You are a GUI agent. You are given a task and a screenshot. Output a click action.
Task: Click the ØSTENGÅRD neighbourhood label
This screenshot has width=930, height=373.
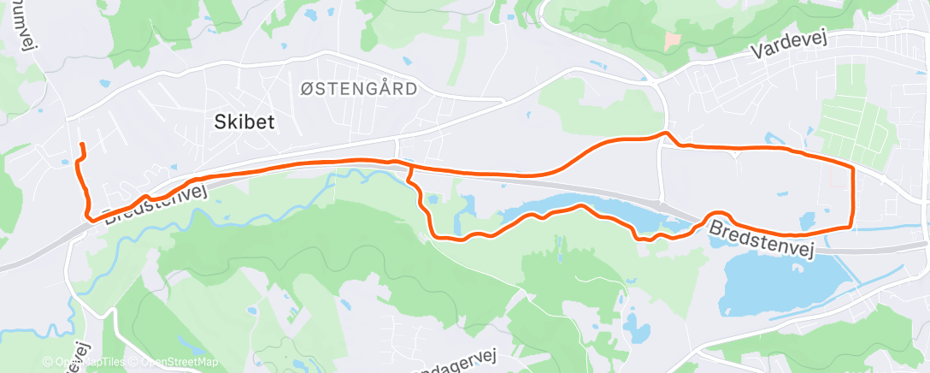[359, 88]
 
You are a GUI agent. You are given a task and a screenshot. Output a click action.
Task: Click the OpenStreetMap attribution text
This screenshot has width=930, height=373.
[175, 362]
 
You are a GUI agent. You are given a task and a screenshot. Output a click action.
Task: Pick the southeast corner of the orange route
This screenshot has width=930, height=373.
[852, 226]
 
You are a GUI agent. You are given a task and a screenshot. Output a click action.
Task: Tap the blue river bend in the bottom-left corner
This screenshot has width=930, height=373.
[47, 326]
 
